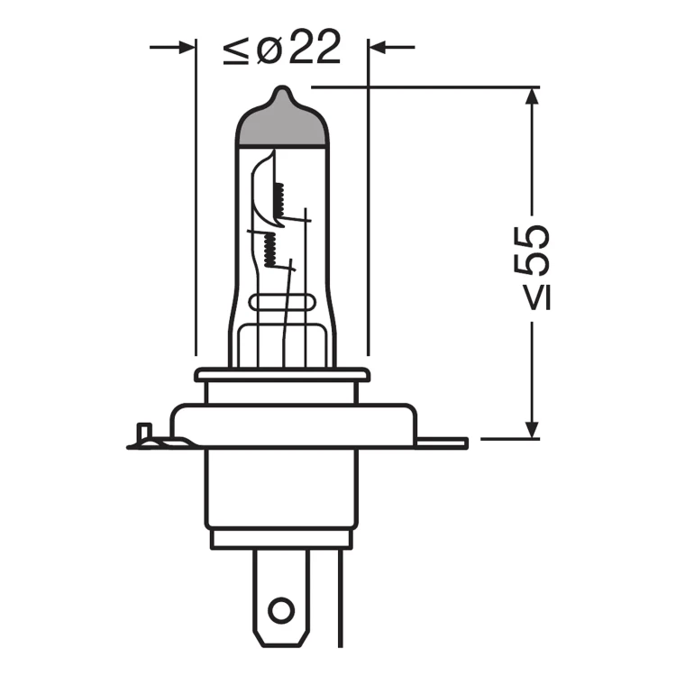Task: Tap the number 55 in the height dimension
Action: [532, 250]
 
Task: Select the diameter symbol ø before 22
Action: [269, 49]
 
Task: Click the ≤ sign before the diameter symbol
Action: [236, 50]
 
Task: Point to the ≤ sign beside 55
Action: [537, 298]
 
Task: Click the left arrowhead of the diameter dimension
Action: [187, 47]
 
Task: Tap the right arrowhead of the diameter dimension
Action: [378, 47]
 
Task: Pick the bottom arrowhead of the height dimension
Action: [533, 430]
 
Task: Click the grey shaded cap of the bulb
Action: [282, 123]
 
